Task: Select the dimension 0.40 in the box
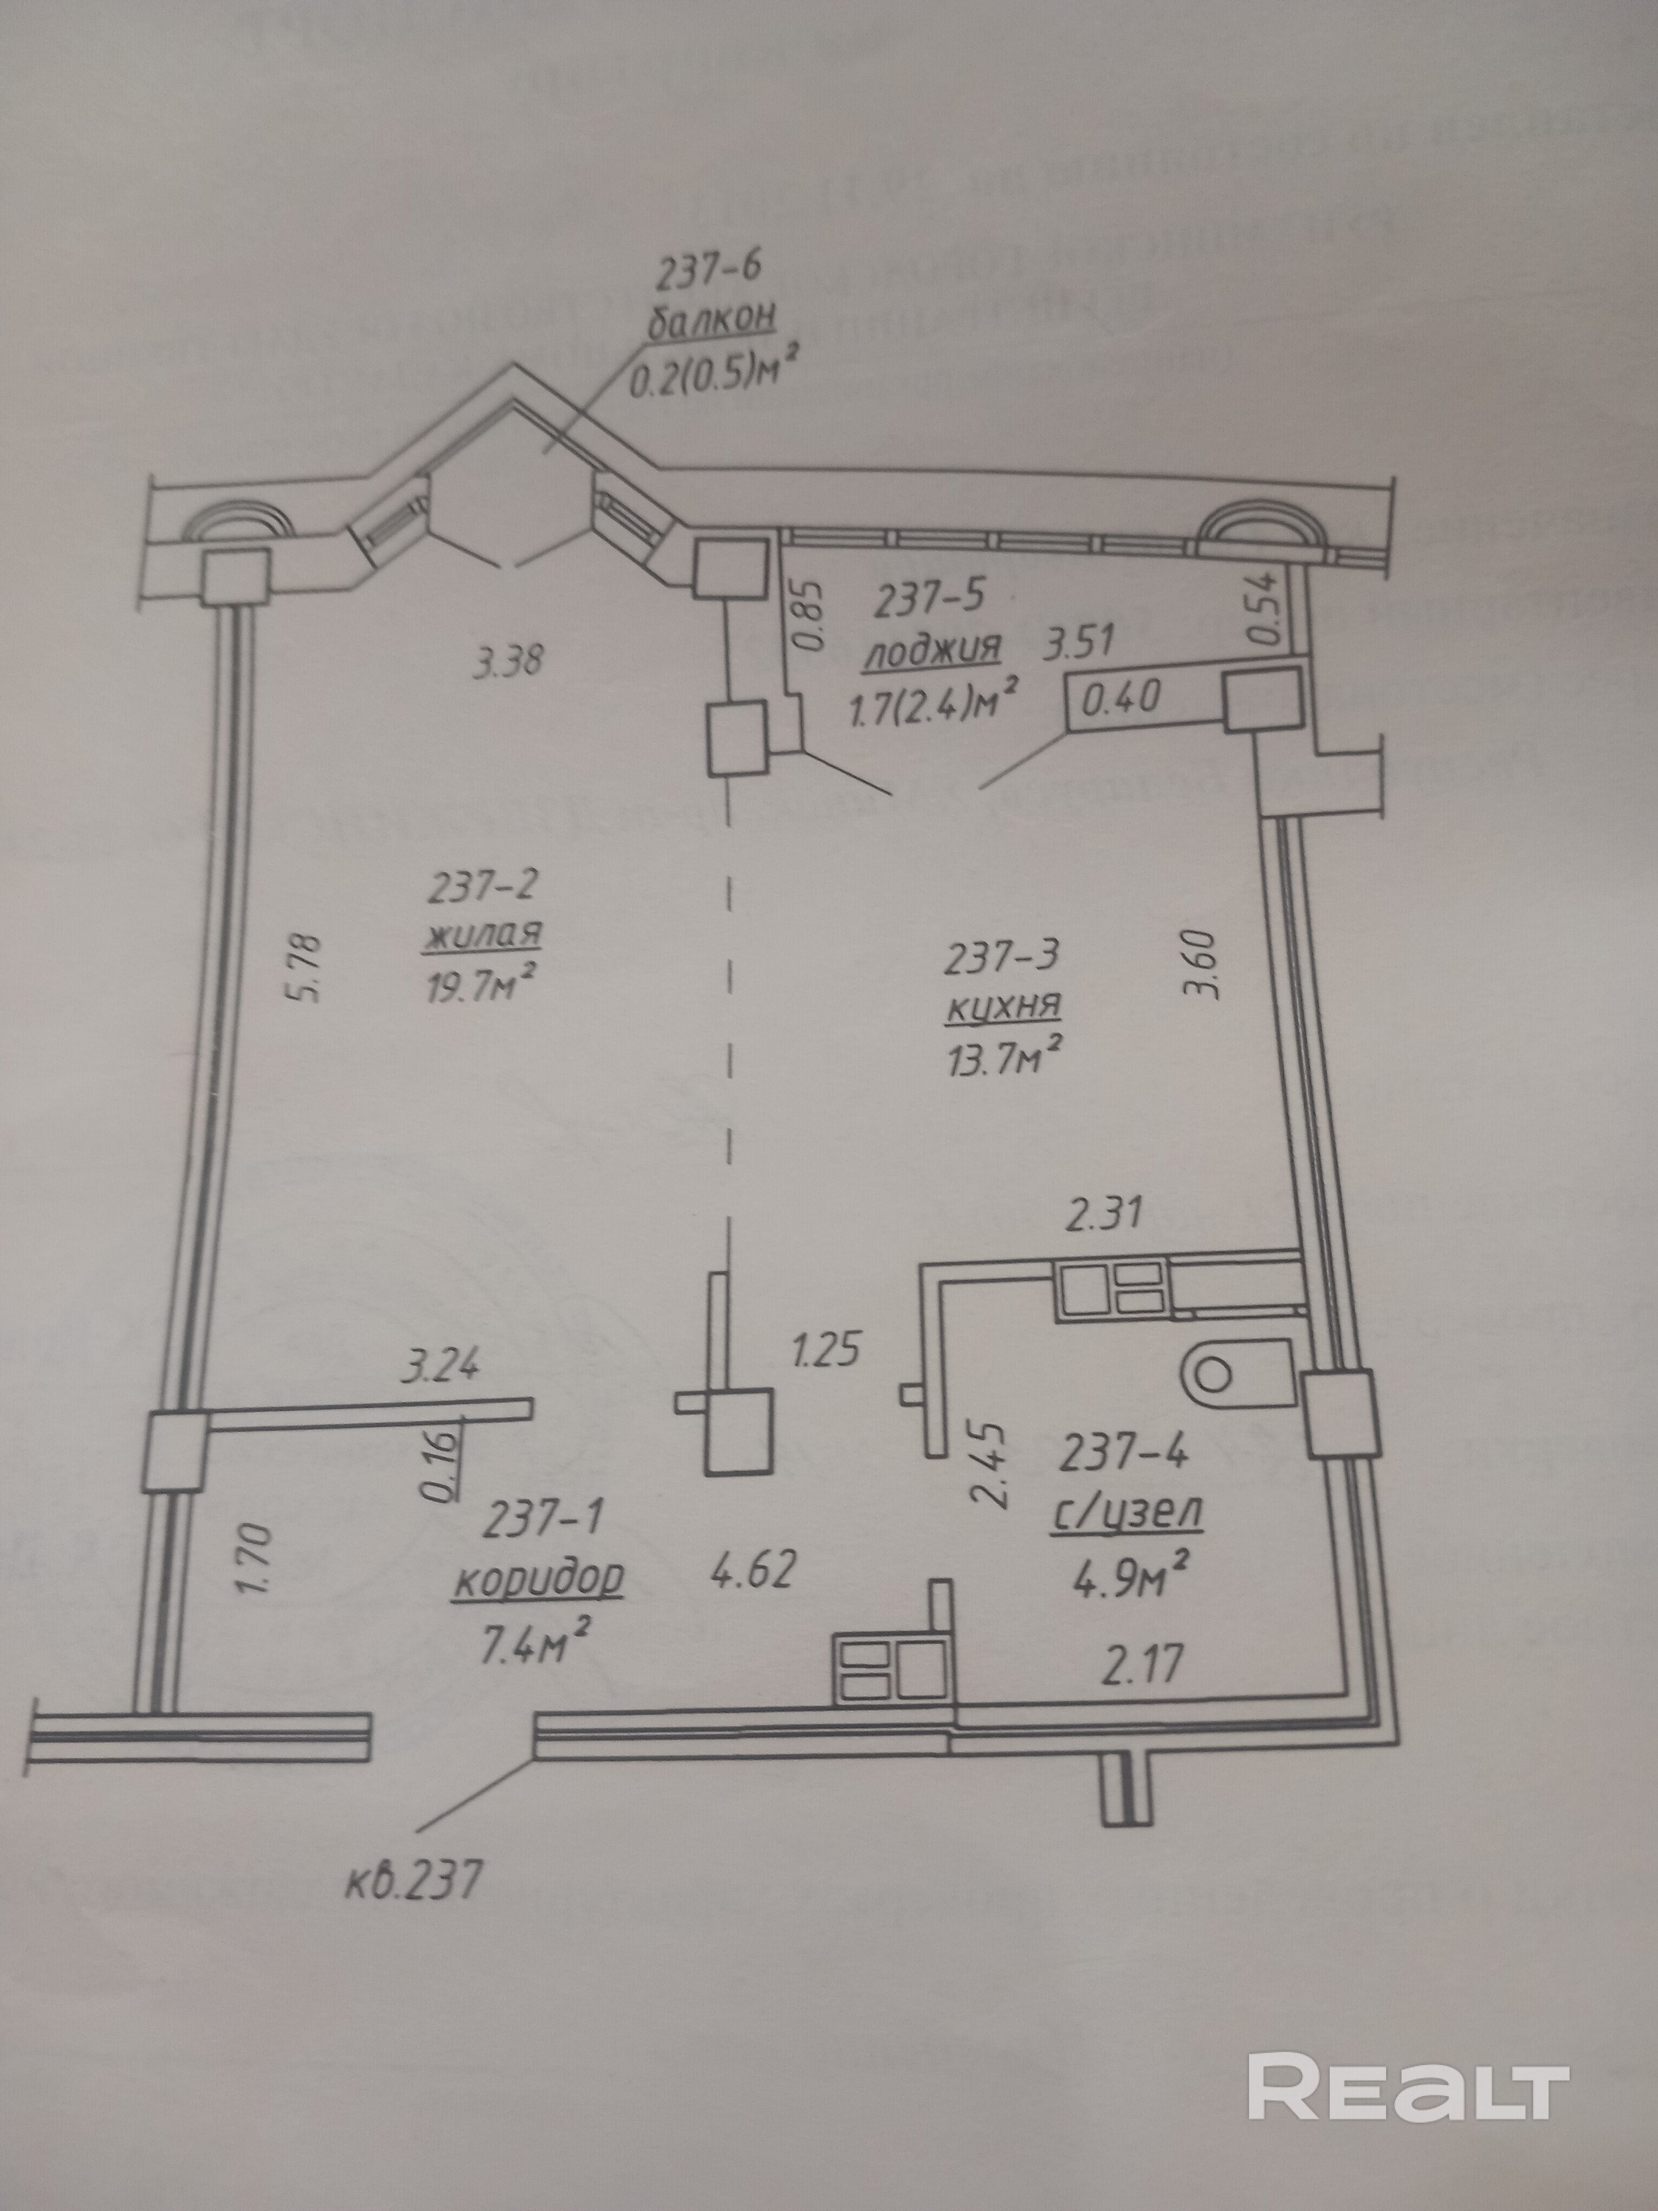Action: click(1122, 697)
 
